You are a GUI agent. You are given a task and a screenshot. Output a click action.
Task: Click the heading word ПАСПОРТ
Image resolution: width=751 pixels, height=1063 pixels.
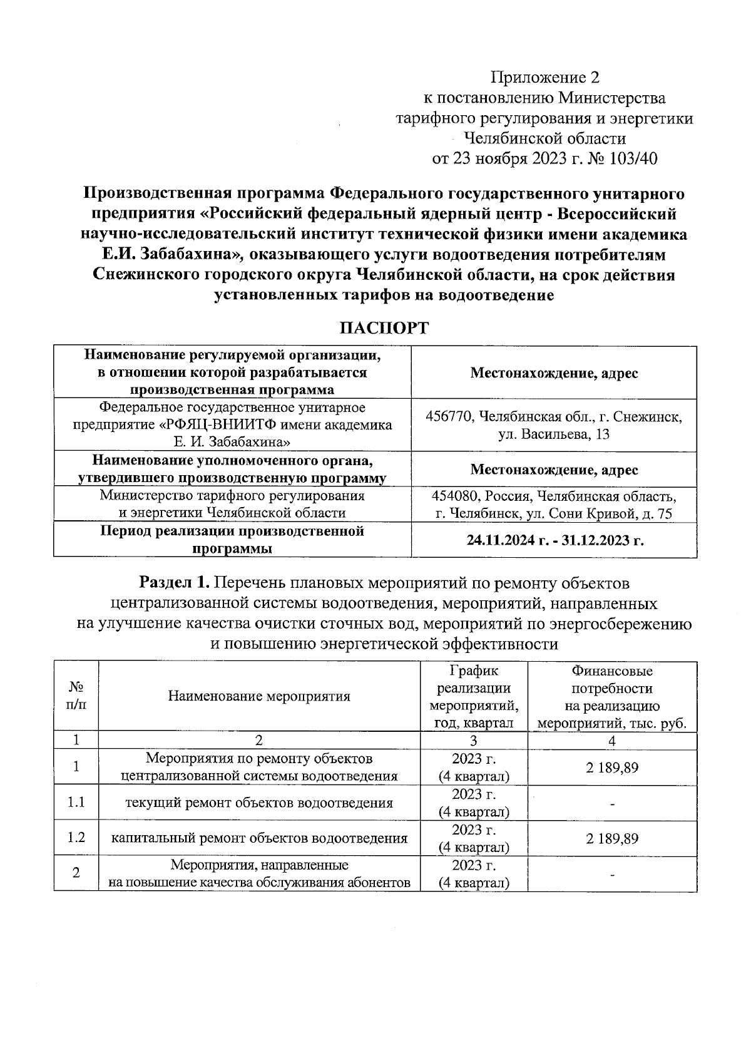pyautogui.click(x=384, y=328)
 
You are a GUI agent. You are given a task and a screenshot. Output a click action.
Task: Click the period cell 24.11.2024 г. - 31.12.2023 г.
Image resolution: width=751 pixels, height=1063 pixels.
pyautogui.click(x=554, y=540)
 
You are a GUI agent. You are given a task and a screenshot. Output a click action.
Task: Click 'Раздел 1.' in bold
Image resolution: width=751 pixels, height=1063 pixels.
pyautogui.click(x=174, y=583)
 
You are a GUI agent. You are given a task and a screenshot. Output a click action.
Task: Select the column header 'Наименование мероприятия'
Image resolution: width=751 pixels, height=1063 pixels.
pyautogui.click(x=259, y=696)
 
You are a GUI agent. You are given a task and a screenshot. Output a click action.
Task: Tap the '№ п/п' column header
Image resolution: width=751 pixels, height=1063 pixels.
pyautogui.click(x=76, y=696)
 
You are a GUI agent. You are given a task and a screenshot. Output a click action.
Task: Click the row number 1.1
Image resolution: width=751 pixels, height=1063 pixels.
pyautogui.click(x=76, y=803)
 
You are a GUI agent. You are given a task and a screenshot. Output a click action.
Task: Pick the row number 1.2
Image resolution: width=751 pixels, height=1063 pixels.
pyautogui.click(x=76, y=838)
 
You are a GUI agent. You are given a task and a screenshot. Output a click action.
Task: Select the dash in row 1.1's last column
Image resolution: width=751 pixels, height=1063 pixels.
pyautogui.click(x=612, y=804)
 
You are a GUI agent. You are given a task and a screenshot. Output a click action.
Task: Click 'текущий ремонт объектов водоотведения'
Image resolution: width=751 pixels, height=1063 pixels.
pyautogui.click(x=259, y=803)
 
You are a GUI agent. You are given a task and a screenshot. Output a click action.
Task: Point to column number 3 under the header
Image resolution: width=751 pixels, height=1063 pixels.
pyautogui.click(x=473, y=741)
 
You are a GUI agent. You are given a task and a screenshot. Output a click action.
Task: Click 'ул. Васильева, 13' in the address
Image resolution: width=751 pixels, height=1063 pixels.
pyautogui.click(x=554, y=434)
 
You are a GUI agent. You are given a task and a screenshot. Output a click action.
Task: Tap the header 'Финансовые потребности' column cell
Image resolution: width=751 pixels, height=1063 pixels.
pyautogui.click(x=611, y=680)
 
